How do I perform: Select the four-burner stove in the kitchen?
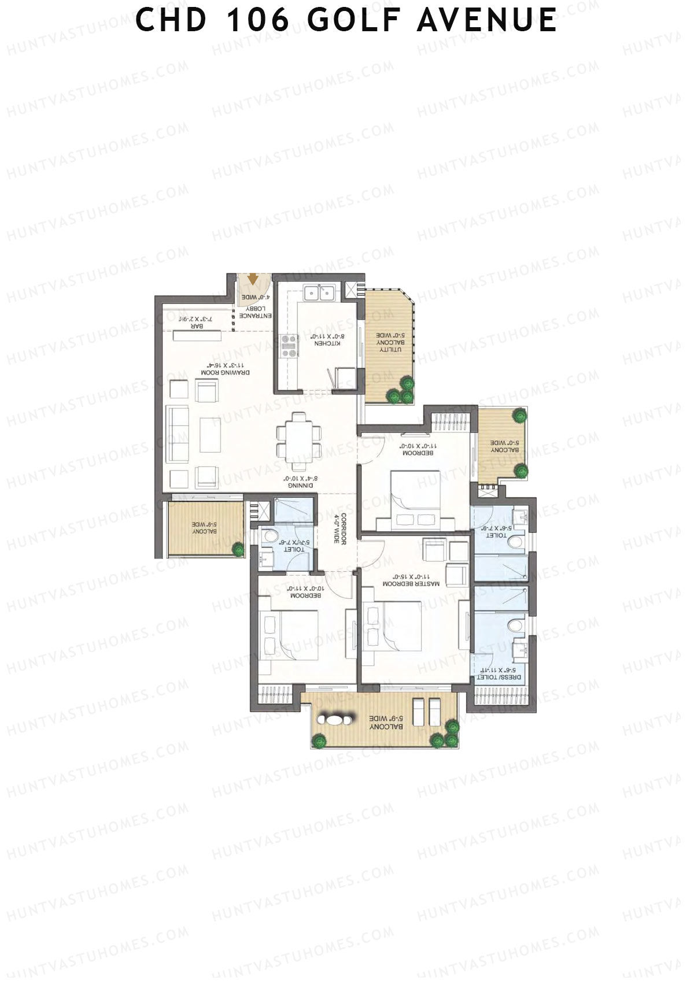pos(288,346)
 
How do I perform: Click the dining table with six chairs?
pos(298,440)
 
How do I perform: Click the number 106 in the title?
pos(257,20)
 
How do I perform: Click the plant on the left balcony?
pos(238,549)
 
